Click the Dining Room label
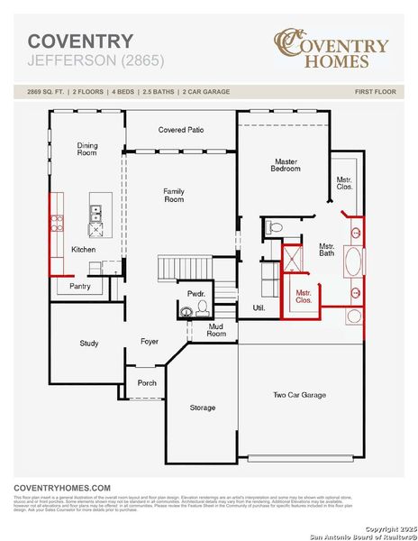[86, 149]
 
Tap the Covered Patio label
[181, 130]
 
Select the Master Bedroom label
[286, 165]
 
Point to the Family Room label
[174, 195]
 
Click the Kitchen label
[84, 250]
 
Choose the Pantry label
[80, 286]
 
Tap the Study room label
[88, 343]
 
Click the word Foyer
[150, 341]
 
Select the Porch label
[147, 383]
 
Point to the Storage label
[203, 408]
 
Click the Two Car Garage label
[299, 395]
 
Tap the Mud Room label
[216, 330]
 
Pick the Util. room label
[259, 308]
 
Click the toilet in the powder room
[187, 311]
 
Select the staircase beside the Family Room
[184, 269]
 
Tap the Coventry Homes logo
[332, 50]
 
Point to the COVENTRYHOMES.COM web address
[62, 487]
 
